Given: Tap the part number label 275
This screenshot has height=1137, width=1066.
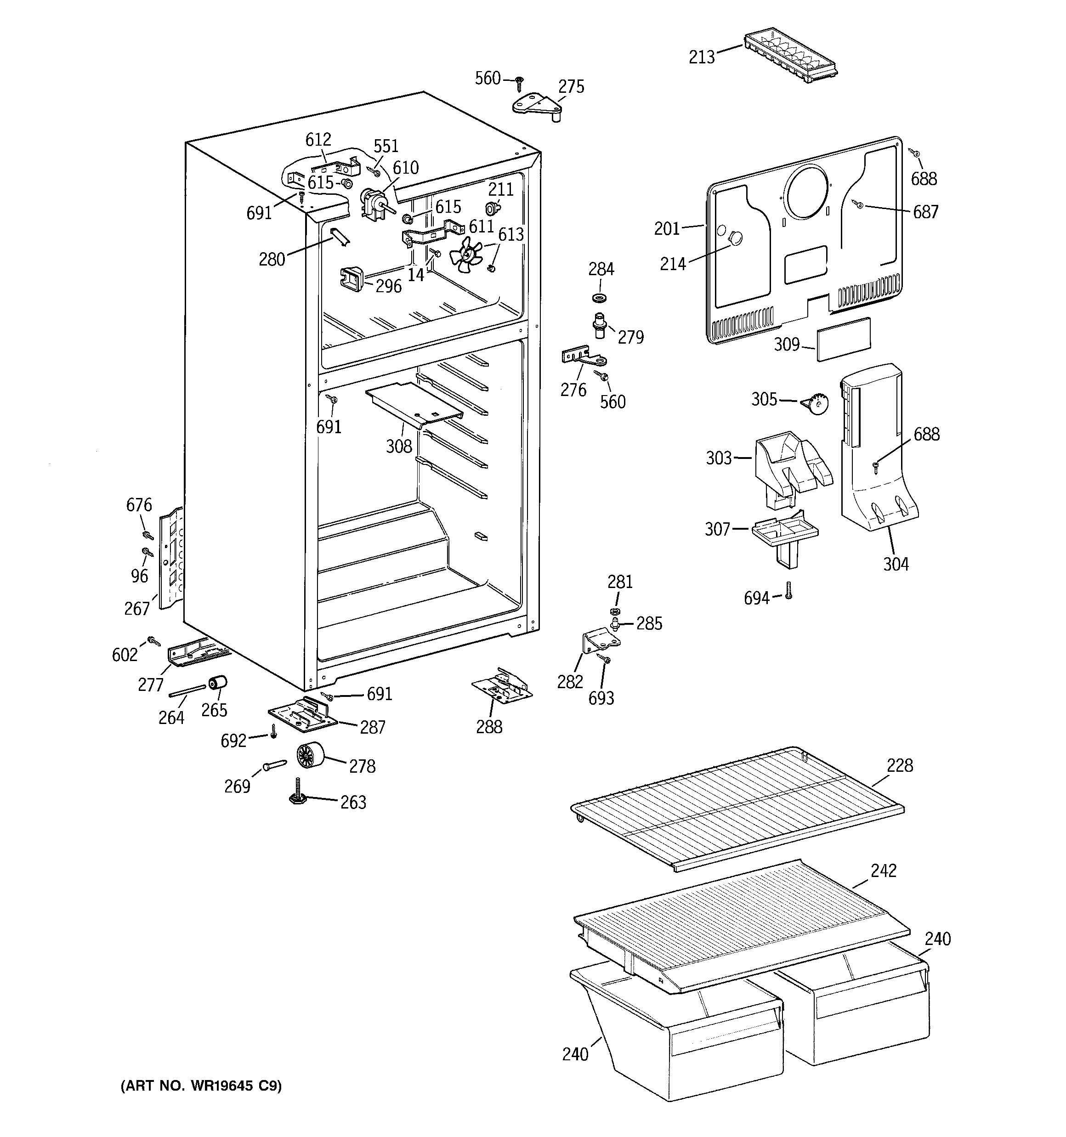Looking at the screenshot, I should (571, 87).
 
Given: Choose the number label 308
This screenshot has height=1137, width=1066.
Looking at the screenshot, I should (399, 446).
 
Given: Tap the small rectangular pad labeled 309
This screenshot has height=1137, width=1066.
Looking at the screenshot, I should (844, 339).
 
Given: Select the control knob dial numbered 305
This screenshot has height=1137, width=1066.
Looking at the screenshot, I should (816, 404).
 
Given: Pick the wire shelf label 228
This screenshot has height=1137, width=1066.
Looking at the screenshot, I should (900, 765).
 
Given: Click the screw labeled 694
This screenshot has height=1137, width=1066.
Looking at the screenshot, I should (788, 591).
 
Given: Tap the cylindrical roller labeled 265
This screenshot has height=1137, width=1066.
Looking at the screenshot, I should (217, 683).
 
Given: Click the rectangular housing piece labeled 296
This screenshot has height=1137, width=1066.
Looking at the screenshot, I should (352, 279).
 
